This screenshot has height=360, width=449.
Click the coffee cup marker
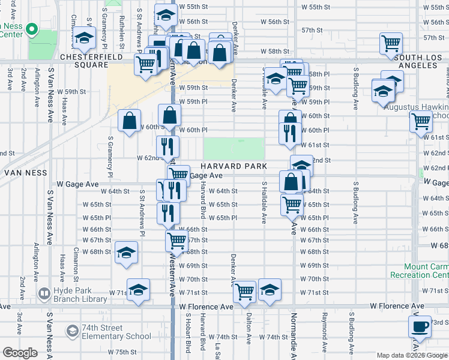[420, 328]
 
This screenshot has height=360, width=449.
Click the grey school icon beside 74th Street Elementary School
[73, 331]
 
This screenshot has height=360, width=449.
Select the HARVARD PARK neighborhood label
[234, 166]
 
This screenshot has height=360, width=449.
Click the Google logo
[20, 353]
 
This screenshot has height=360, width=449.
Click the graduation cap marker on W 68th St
[127, 253]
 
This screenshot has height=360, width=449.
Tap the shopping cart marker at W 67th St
[177, 241]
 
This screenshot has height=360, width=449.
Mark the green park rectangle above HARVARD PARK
[234, 148]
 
